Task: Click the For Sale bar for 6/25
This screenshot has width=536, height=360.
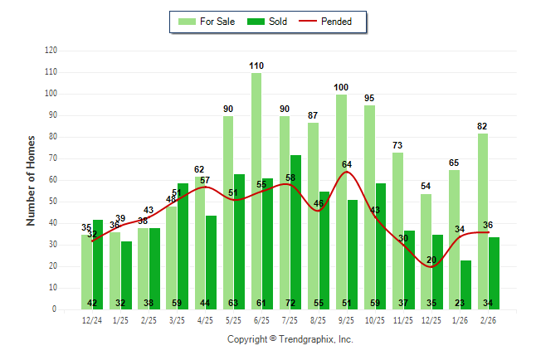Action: point(256,191)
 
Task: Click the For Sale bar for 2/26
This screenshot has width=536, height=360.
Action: point(483,221)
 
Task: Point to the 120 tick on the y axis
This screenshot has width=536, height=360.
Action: point(51,51)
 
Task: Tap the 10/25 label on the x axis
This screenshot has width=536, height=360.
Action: point(375,319)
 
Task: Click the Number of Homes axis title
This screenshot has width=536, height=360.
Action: point(32,180)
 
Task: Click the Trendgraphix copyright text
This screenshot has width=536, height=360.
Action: point(290,339)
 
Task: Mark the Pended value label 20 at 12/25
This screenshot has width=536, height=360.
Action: point(431,260)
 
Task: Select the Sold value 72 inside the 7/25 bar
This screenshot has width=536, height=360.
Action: point(296,303)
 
